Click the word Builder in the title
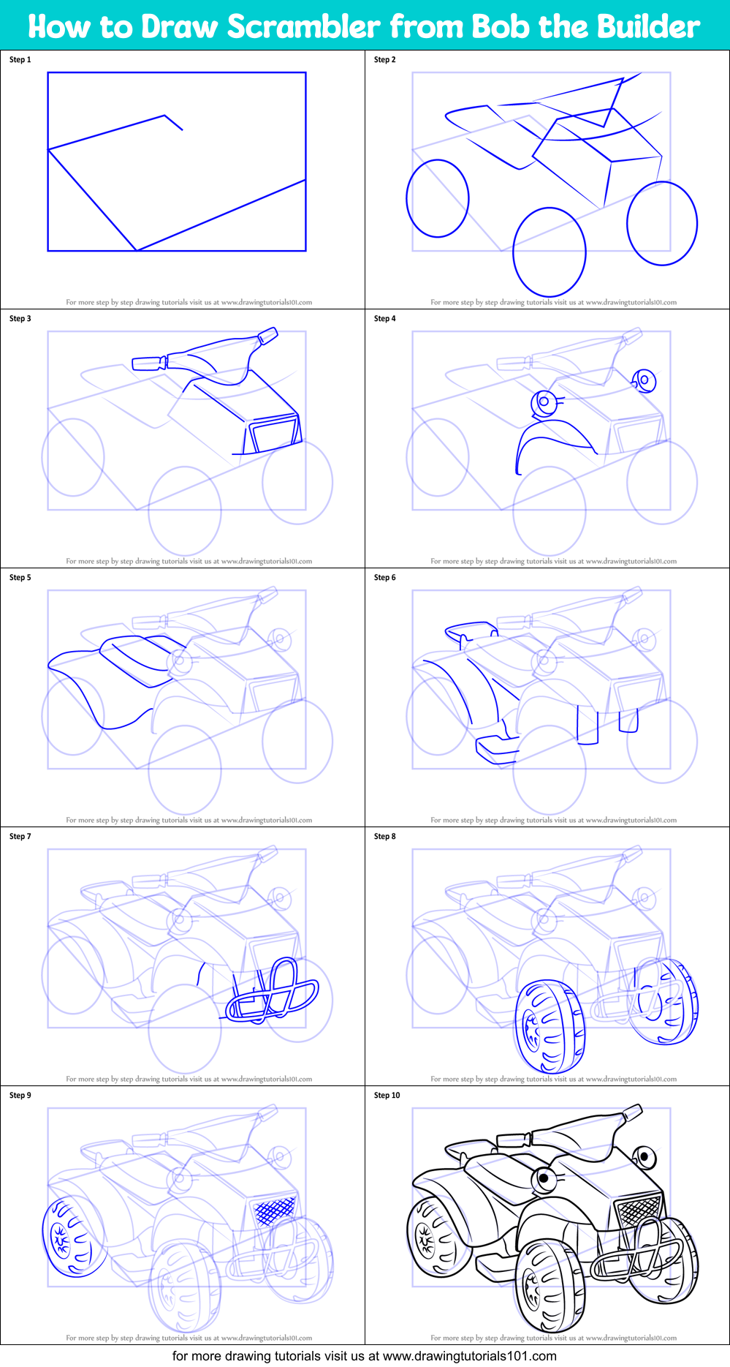(x=645, y=27)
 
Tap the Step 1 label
(x=20, y=60)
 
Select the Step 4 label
(x=385, y=319)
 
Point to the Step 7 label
(x=20, y=837)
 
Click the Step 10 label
(x=387, y=1096)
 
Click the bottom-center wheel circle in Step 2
(x=550, y=252)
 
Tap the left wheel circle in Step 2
(x=438, y=199)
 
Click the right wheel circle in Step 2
(x=662, y=223)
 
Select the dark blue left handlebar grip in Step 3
(x=148, y=363)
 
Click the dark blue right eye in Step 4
(x=645, y=380)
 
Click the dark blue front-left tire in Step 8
(x=550, y=1027)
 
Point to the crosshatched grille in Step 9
(x=275, y=1210)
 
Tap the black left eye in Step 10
(x=544, y=1178)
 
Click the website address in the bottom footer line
(x=469, y=1356)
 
